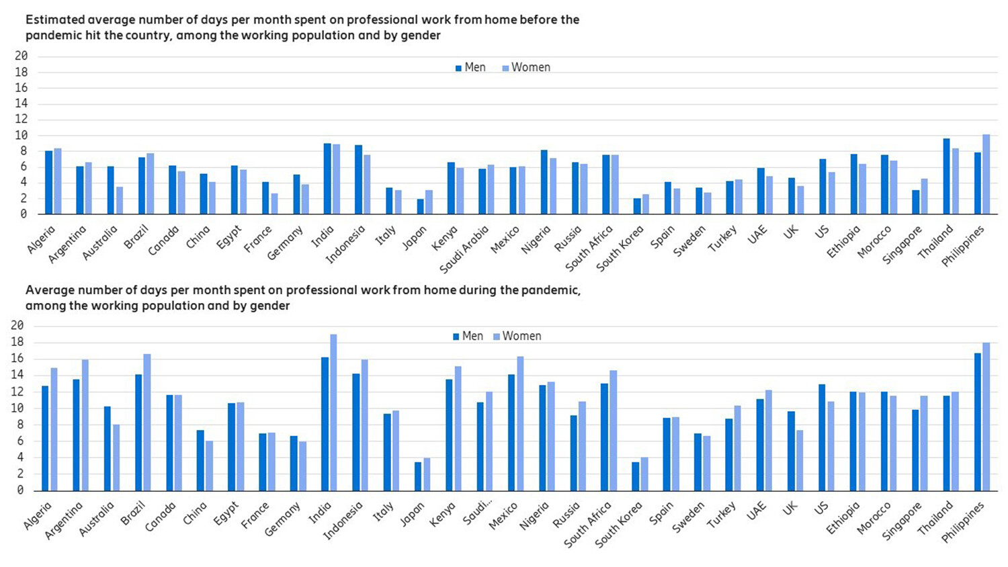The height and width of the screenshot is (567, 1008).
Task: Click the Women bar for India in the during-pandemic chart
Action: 333,412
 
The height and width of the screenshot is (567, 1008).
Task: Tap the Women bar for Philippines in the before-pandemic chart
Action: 986,175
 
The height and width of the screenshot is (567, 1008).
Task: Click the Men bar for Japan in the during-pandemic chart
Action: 418,476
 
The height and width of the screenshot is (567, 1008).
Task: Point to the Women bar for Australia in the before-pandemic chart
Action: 120,201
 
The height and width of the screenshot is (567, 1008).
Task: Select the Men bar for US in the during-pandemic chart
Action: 822,437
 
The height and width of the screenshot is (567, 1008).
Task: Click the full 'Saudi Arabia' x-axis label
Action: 464,249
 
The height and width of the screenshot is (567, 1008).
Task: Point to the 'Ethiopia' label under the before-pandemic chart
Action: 843,242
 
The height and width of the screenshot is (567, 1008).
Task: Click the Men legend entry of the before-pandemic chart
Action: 470,67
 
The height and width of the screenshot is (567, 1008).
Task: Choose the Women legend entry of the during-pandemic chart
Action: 517,336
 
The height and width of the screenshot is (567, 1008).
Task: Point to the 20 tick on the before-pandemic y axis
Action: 21,56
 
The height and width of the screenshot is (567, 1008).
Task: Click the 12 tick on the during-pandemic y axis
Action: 17,392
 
